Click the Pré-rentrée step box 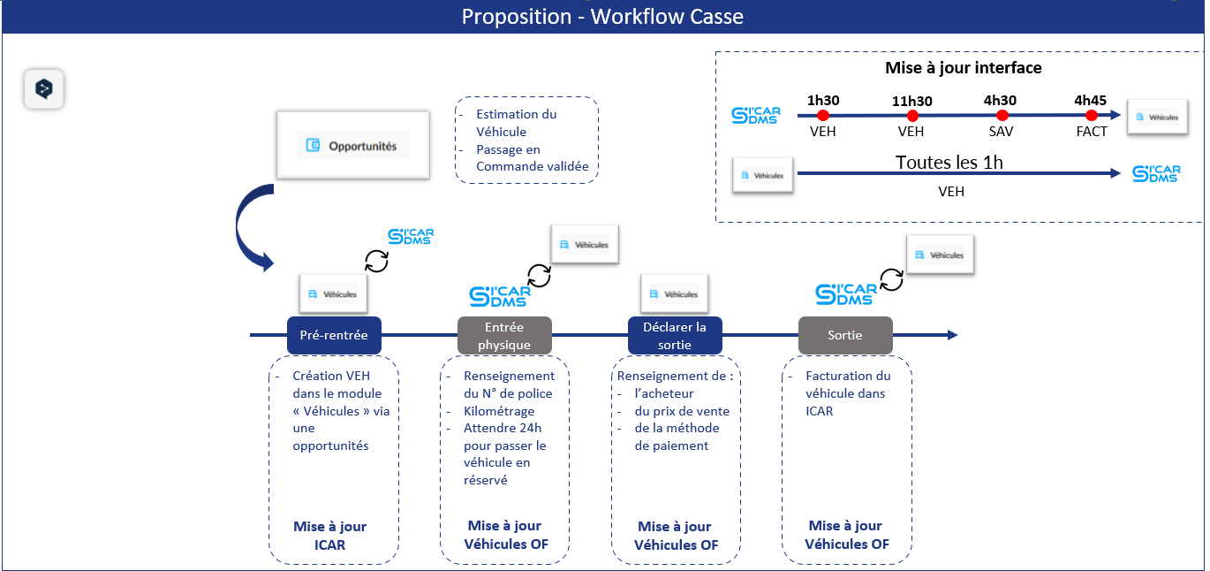click(x=334, y=335)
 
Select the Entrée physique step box click(x=504, y=335)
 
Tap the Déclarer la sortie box click(x=675, y=335)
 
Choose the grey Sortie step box click(x=845, y=335)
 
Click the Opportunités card click(x=353, y=146)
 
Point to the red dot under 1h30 click(x=822, y=115)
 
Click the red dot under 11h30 click(x=912, y=115)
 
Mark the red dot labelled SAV click(x=1002, y=115)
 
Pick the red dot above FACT click(x=1091, y=115)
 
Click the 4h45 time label click(x=1090, y=101)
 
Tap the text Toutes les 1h click(x=949, y=163)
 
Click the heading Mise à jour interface click(x=963, y=67)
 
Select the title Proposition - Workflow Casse click(x=602, y=17)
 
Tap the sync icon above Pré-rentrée click(x=376, y=261)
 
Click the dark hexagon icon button click(x=44, y=88)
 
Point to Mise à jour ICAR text click(x=329, y=536)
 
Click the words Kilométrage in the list click(x=499, y=411)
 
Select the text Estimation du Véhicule click(x=516, y=123)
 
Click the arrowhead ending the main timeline click(x=953, y=335)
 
